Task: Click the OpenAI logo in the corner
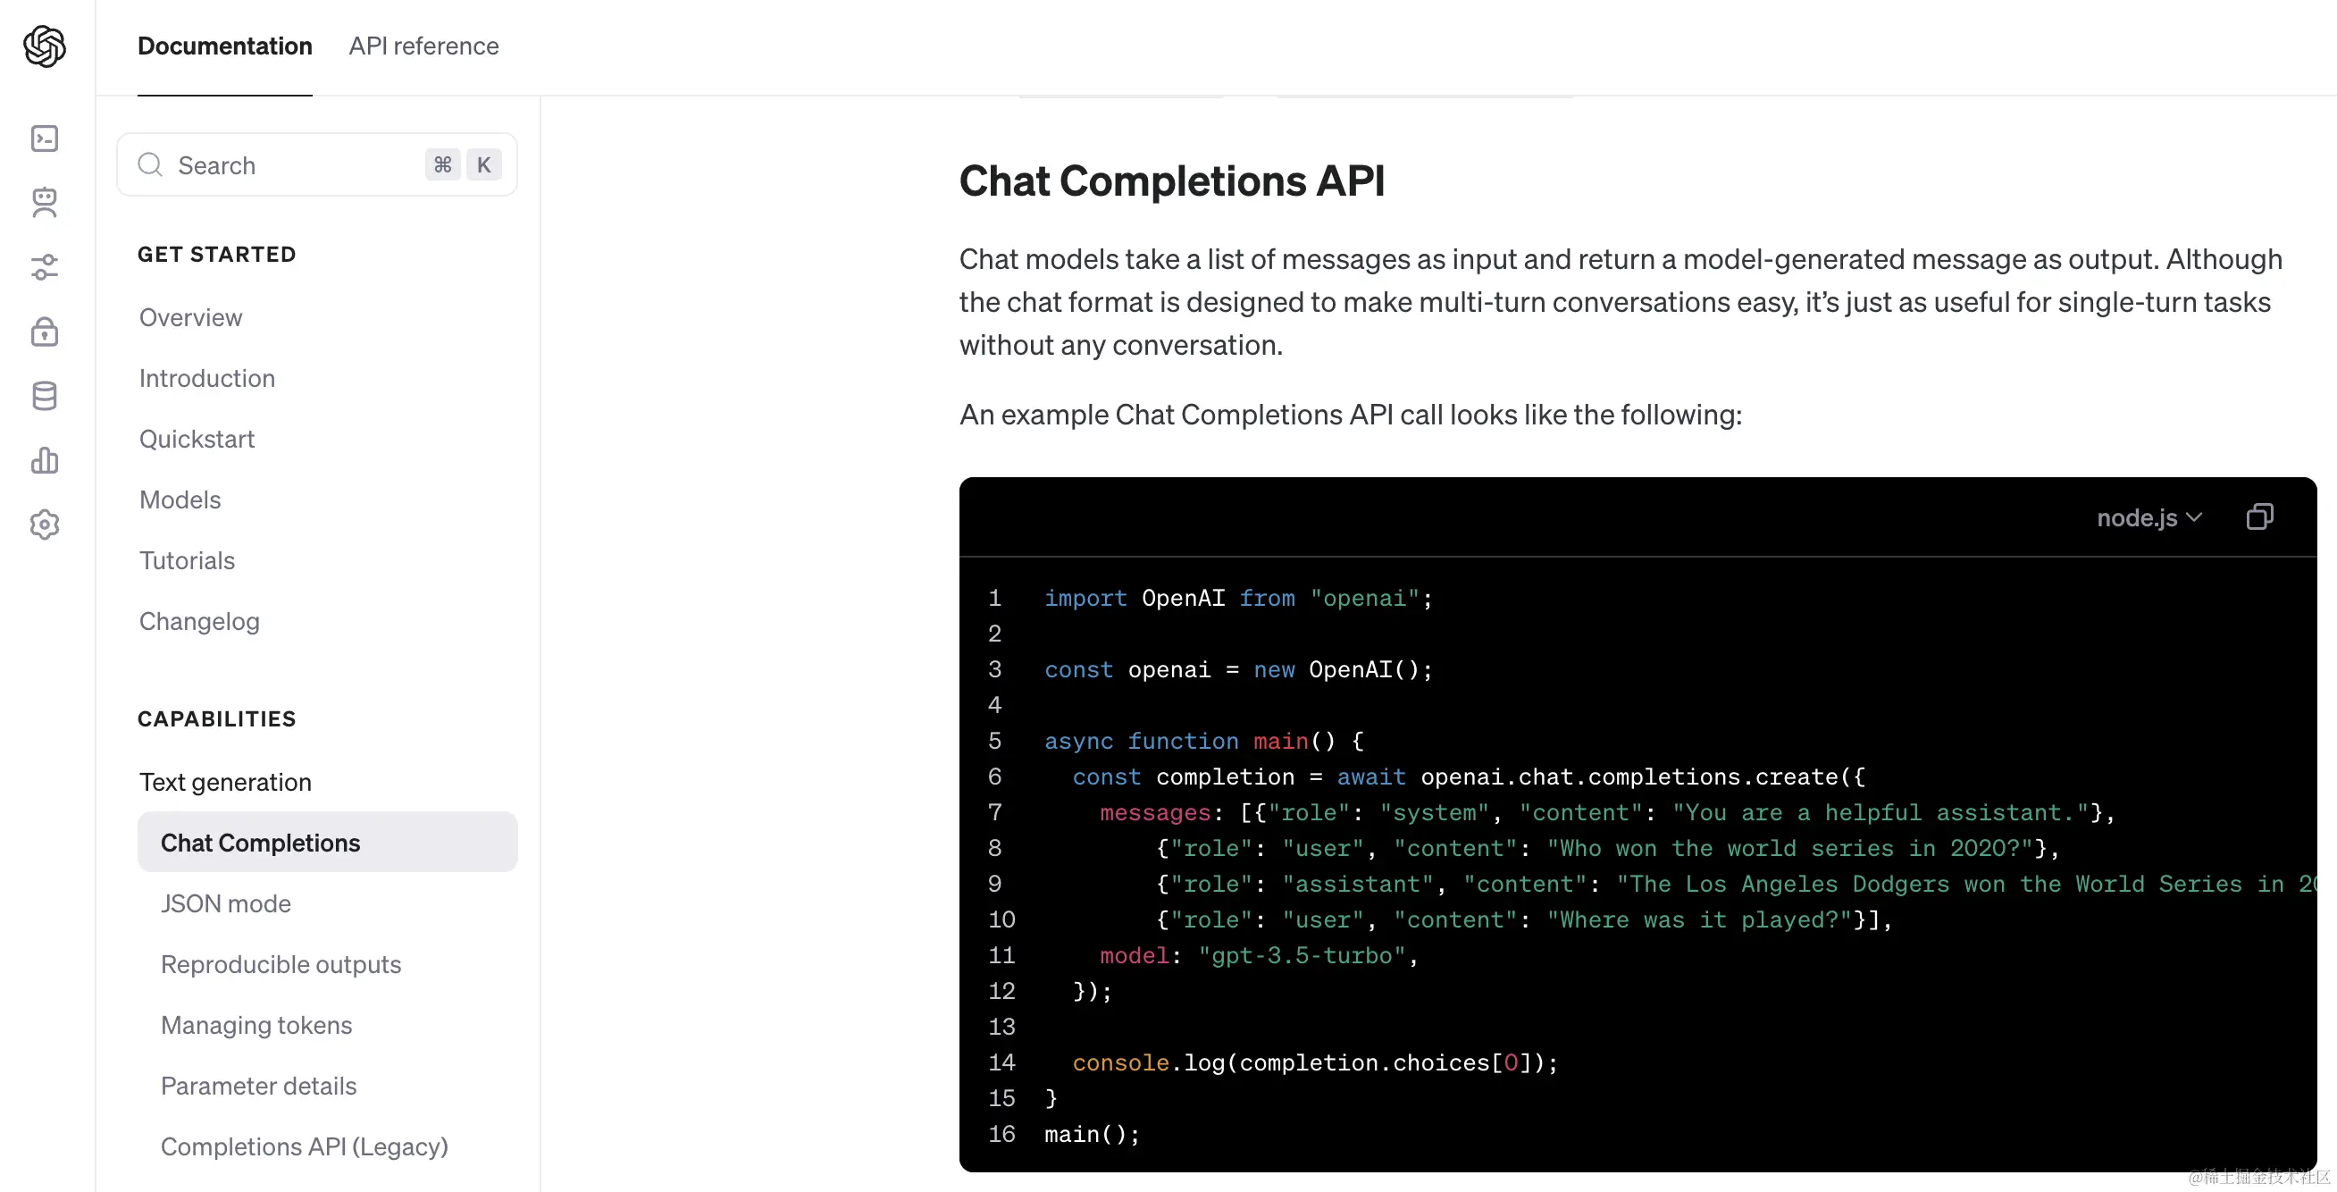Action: [45, 46]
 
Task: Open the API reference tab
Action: [423, 46]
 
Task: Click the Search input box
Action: [316, 165]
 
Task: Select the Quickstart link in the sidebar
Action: [197, 439]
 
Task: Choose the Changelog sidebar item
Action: [199, 621]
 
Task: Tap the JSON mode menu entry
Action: [226, 903]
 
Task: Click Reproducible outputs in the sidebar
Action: [281, 964]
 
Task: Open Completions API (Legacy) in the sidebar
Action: [305, 1146]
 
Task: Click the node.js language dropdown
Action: [2149, 517]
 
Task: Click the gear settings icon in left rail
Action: [45, 525]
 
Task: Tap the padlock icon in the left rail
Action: [45, 332]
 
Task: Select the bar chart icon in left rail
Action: [45, 460]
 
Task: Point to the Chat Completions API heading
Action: [1172, 180]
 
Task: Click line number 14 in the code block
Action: [1001, 1062]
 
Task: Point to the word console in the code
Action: [1120, 1062]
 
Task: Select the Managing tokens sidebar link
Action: [256, 1025]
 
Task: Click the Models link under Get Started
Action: [180, 499]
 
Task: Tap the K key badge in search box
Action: [483, 165]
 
